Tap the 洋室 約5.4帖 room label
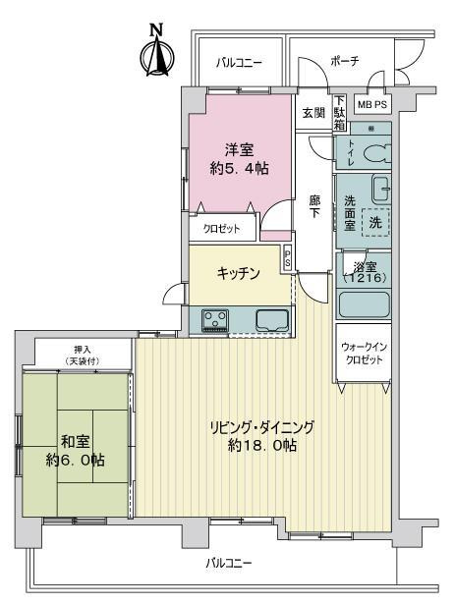tap(241, 158)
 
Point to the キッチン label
tap(238, 274)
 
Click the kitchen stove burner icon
tap(215, 319)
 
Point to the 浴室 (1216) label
tap(365, 271)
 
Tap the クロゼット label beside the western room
tap(222, 228)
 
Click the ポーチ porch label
tap(345, 61)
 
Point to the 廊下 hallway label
tap(314, 206)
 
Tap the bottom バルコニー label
tap(229, 563)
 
